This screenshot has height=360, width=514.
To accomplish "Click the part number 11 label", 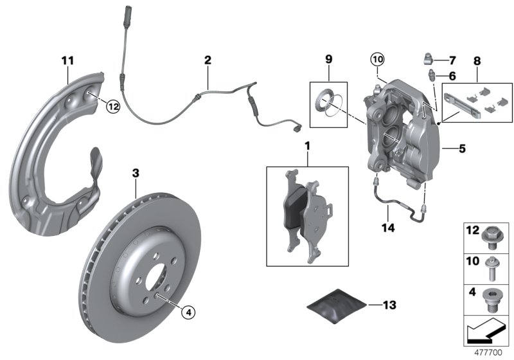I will (68, 60).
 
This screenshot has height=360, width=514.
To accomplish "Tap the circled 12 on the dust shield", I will (113, 107).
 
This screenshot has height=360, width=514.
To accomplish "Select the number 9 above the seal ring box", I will (328, 60).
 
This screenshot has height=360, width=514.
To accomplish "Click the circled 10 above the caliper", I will (376, 60).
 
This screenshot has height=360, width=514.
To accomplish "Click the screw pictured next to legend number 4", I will (493, 298).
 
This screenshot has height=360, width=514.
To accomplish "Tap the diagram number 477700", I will (490, 352).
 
